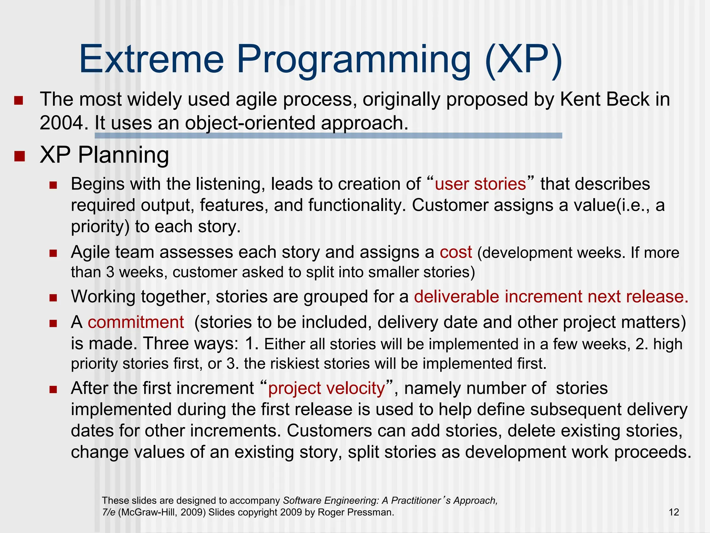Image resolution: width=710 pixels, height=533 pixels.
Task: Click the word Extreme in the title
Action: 151,59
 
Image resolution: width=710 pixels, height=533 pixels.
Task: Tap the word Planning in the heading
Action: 123,155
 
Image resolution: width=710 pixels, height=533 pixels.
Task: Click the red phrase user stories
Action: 480,184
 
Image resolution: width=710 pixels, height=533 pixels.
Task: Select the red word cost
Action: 456,252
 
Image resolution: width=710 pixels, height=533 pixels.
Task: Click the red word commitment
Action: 136,322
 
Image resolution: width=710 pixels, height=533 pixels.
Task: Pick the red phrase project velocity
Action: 326,388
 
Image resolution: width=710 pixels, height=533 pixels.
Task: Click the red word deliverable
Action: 456,296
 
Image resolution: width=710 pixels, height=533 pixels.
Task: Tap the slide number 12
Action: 674,512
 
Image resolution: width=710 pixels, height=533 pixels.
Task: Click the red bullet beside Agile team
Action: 53,253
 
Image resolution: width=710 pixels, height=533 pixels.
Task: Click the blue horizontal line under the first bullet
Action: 328,136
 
